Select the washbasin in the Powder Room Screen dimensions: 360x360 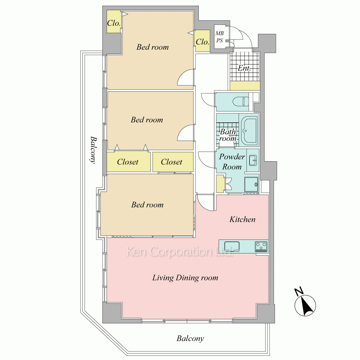253,160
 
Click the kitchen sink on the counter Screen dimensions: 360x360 231,246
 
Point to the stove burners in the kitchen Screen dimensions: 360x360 261,246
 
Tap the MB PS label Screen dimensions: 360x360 220,37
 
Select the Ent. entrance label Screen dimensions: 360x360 244,68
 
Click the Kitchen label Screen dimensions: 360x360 242,219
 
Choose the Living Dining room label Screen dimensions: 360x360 185,278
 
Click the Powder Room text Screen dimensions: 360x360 232,162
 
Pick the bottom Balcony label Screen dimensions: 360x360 190,338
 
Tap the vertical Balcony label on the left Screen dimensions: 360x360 93,150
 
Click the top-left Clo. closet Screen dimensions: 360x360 114,22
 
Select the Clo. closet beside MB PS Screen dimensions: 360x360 202,41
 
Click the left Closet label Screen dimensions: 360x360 128,162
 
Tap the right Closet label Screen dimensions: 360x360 171,162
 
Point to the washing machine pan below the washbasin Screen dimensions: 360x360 251,184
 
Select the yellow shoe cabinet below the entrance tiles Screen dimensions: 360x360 245,86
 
